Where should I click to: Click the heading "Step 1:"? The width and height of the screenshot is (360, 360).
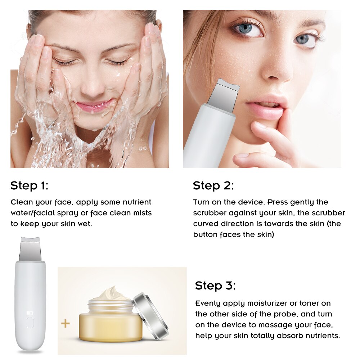pos(29,186)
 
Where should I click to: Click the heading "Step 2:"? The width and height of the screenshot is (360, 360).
pos(213,186)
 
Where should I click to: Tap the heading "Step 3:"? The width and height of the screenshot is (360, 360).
pos(215,286)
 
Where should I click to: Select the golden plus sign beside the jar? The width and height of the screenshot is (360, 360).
pos(65,324)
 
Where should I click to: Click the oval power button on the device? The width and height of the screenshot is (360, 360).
pos(30,322)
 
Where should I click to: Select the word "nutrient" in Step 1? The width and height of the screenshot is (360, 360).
pos(134,202)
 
